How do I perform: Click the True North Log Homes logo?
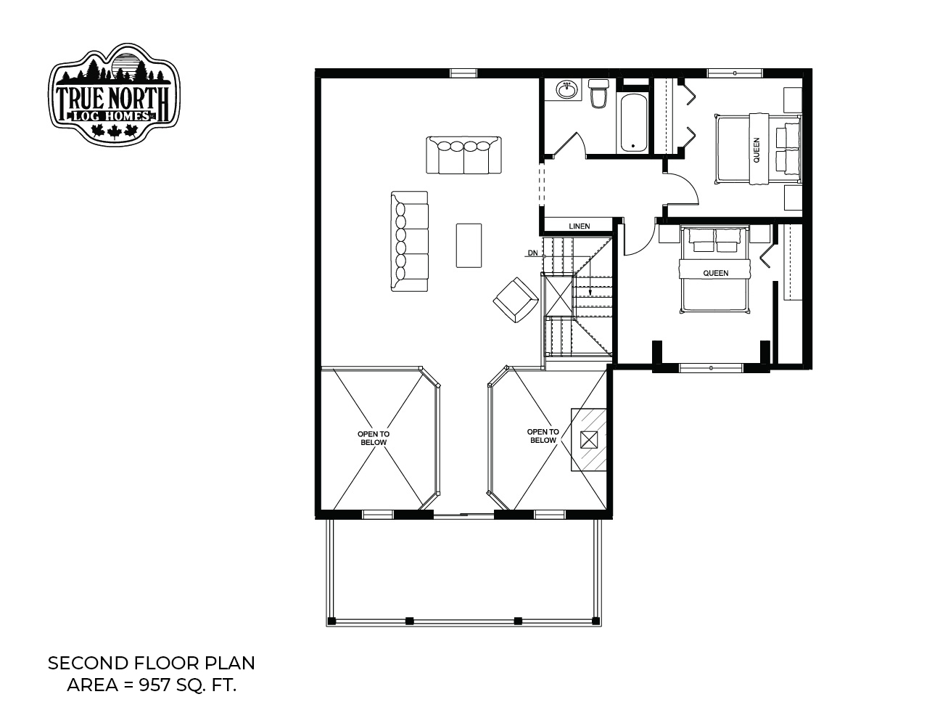tap(114, 94)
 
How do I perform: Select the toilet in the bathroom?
tap(598, 93)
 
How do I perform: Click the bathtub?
tap(633, 123)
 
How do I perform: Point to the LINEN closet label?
tap(580, 226)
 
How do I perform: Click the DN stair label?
tap(532, 253)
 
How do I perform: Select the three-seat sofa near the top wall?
tap(463, 155)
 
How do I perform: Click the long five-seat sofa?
tap(410, 241)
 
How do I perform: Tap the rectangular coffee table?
tap(469, 245)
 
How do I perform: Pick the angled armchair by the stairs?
tap(516, 300)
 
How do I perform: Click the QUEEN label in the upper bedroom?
tap(756, 150)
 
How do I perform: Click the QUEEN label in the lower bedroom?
tap(715, 273)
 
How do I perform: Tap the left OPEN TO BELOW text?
tap(374, 438)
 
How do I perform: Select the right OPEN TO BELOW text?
tap(543, 436)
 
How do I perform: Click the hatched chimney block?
tap(589, 440)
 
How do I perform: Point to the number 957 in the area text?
tap(154, 685)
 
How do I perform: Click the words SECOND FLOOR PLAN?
tap(152, 664)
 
